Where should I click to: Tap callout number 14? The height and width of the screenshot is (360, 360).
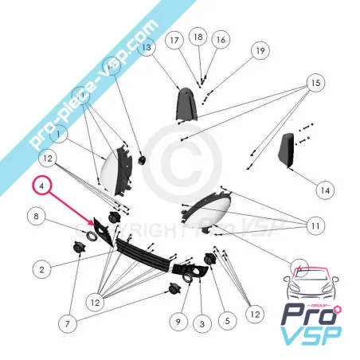323,190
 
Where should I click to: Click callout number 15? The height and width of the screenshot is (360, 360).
315,83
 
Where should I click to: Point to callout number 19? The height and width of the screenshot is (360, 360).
259,52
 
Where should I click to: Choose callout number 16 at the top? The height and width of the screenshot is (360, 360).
220,40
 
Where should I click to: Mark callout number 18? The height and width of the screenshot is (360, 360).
198,37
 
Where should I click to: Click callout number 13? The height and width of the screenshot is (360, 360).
146,49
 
